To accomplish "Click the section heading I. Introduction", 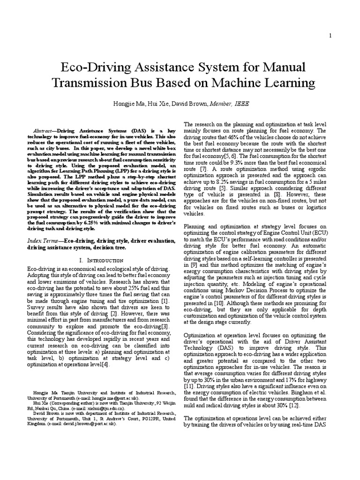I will [101, 260].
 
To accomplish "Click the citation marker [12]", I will [294, 405].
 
